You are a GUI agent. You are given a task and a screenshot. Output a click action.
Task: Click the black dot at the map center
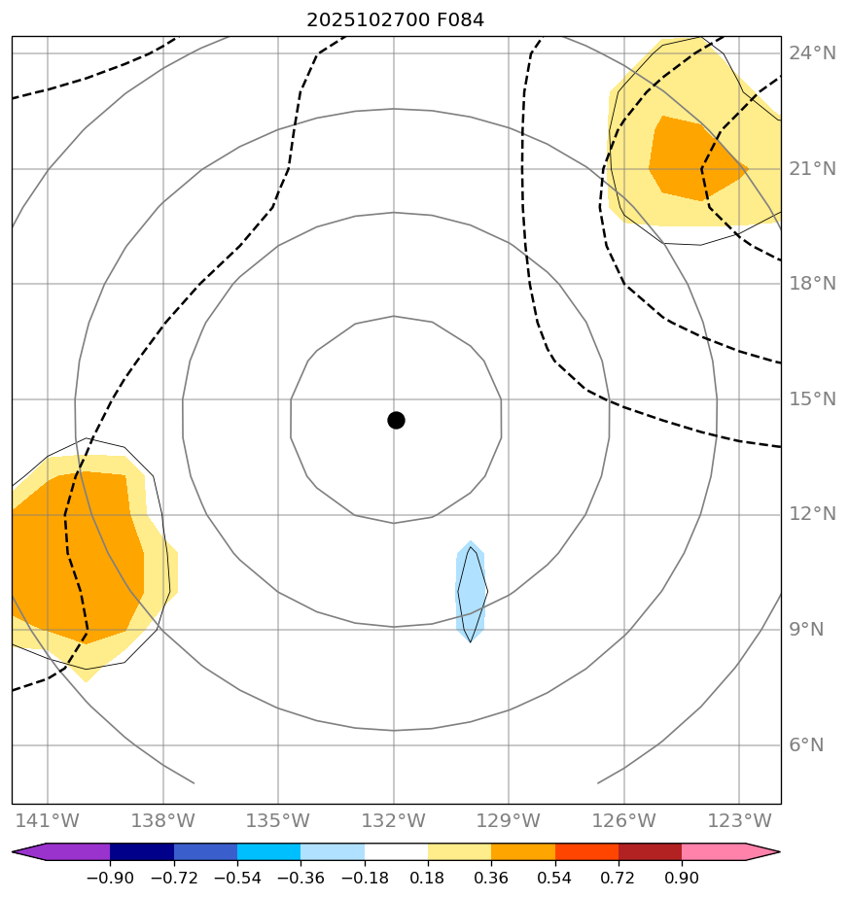396,420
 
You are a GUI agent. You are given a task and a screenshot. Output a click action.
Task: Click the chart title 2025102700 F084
395,19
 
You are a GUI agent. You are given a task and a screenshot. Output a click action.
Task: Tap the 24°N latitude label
813,53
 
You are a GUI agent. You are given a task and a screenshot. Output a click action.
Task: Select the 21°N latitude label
813,169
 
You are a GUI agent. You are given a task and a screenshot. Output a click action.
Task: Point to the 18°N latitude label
813,284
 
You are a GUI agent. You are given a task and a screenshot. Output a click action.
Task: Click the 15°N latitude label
813,399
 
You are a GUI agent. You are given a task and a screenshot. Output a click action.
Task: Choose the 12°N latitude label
813,514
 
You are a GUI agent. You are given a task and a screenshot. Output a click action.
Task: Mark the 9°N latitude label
806,630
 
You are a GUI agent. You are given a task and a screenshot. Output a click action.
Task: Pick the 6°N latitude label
806,745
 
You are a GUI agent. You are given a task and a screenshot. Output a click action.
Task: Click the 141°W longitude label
47,821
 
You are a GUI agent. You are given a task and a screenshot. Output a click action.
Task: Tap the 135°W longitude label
277,821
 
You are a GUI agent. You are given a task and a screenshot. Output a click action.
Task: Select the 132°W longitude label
393,821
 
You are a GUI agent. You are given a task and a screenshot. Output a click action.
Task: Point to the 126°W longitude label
623,821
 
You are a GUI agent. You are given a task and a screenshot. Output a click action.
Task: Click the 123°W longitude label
739,821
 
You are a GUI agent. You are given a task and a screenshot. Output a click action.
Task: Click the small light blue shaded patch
471,591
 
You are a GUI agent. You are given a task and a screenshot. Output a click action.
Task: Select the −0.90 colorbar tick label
109,879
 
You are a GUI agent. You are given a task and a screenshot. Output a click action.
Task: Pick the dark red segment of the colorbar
650,852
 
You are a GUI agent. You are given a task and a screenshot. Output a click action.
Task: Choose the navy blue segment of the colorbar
142,852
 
